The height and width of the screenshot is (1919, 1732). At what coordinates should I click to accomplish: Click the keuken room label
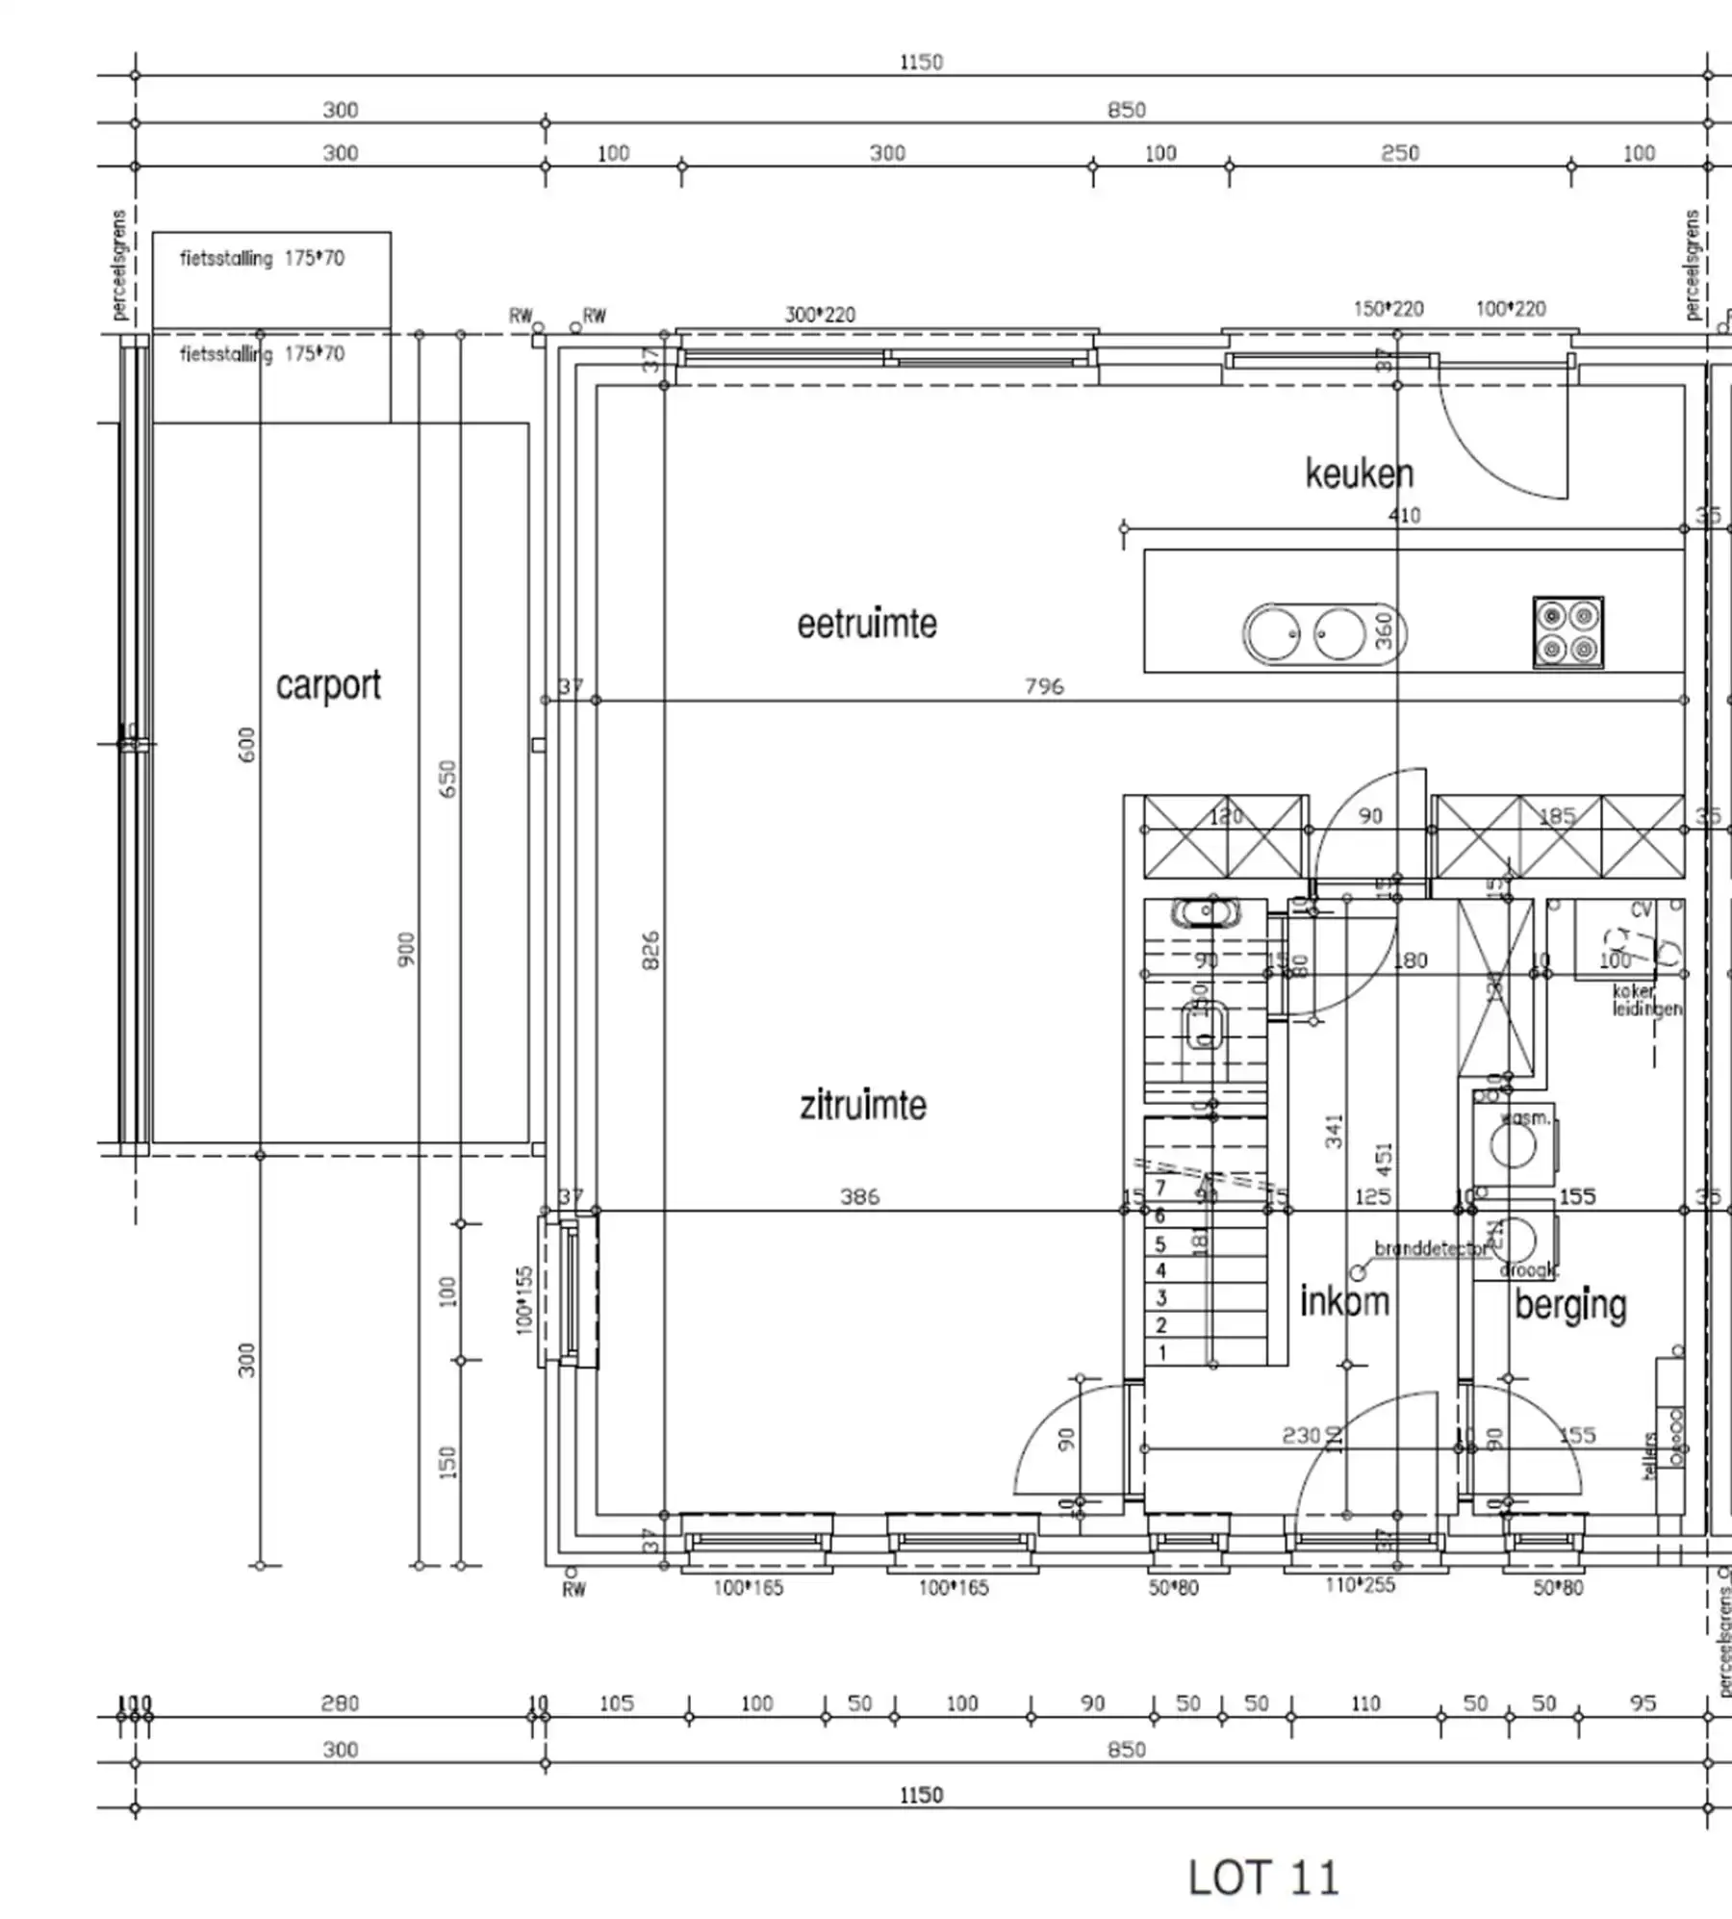click(x=1359, y=473)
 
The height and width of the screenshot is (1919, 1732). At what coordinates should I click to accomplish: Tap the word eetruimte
click(x=866, y=624)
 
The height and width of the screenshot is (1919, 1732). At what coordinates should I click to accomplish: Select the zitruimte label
click(x=863, y=1105)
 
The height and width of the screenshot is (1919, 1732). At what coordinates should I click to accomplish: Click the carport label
click(x=328, y=685)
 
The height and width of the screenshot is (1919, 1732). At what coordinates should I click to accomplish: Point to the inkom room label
click(x=1344, y=1301)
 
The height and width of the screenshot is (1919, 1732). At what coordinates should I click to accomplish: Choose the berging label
click(x=1570, y=1305)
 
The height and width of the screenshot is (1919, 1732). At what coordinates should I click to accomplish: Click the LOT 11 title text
click(x=1262, y=1878)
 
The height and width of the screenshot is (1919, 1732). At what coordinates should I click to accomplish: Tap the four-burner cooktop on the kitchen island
click(x=1567, y=632)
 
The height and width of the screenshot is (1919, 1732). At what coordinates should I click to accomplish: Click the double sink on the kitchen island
click(x=1306, y=634)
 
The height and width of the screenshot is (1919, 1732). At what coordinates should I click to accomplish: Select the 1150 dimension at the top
click(x=921, y=63)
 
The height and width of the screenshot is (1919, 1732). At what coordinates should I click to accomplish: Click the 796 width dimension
click(x=1044, y=686)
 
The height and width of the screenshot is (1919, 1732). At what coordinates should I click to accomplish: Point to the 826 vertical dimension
click(x=651, y=950)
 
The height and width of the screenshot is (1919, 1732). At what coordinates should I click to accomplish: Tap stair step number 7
click(x=1160, y=1188)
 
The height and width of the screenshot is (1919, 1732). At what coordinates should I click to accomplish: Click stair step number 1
click(x=1161, y=1352)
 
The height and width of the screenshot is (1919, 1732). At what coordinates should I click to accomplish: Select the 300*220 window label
click(x=820, y=315)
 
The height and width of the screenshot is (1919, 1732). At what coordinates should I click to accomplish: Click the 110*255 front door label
click(x=1360, y=1585)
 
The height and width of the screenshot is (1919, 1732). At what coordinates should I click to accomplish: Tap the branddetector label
click(x=1431, y=1249)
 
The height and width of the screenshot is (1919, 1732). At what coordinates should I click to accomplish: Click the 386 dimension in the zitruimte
click(x=859, y=1196)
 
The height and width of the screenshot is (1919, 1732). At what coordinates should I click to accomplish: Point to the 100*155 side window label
click(x=524, y=1299)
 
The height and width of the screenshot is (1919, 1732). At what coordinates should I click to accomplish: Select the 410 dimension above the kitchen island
click(x=1404, y=515)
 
